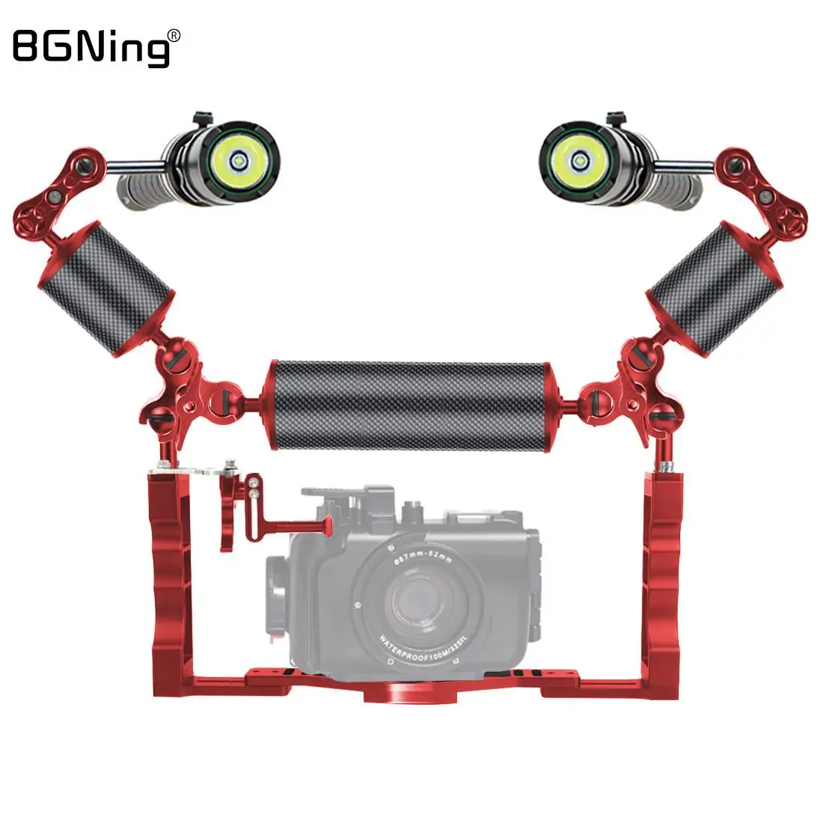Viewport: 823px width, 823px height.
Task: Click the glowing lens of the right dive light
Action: (578, 159)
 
